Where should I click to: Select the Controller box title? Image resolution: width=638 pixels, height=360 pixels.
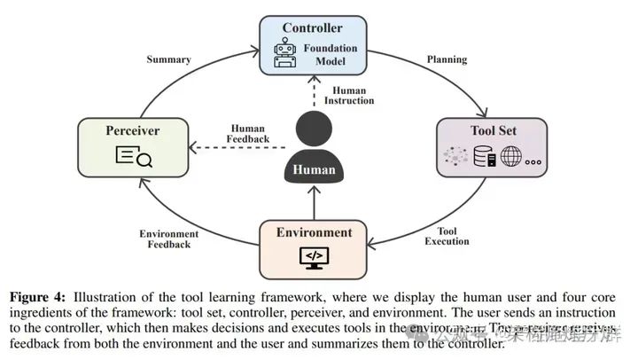[312, 28]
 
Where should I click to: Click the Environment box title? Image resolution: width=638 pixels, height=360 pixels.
[313, 233]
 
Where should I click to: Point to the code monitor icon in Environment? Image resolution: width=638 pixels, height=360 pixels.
[313, 257]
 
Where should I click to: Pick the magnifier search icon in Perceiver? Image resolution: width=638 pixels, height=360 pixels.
[134, 158]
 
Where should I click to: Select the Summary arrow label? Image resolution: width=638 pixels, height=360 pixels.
[169, 59]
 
